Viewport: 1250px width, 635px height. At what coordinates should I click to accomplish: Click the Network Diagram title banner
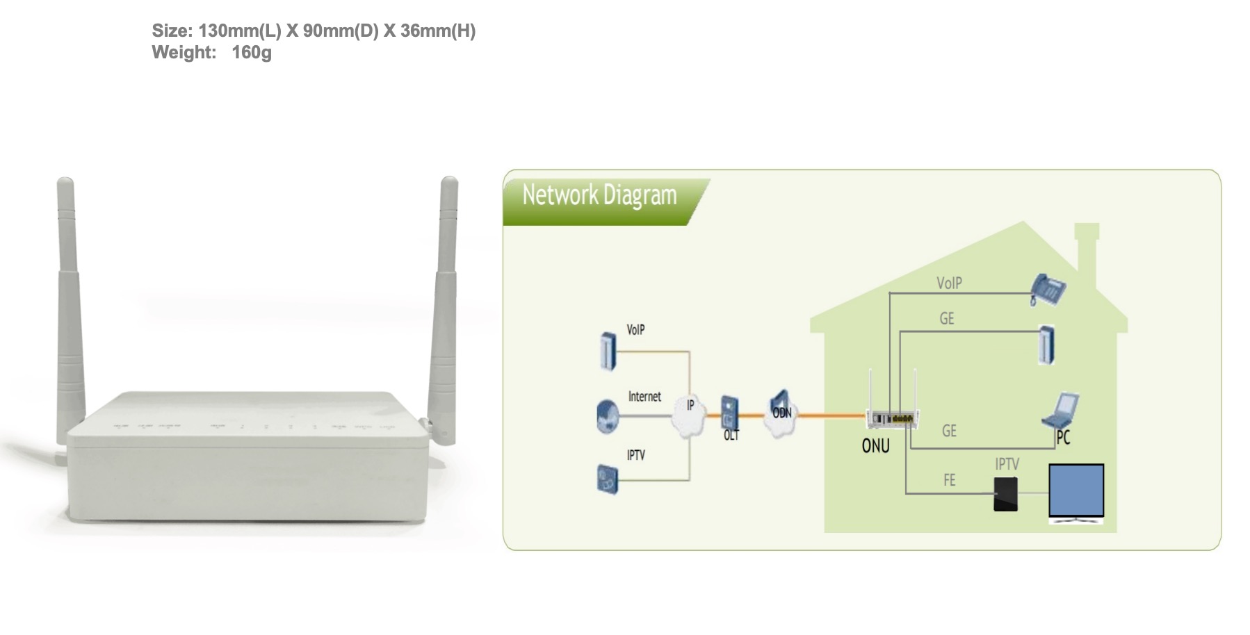[x=599, y=197]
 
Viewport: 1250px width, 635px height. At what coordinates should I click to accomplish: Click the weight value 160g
[x=251, y=53]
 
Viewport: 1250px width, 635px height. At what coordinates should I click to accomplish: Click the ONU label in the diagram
[x=875, y=445]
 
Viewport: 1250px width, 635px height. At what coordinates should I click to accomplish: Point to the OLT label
[x=731, y=436]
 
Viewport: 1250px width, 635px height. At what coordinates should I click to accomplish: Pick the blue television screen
[x=1076, y=490]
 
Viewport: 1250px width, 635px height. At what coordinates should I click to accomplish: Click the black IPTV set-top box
[x=1005, y=494]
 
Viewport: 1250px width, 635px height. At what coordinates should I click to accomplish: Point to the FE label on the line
[x=949, y=480]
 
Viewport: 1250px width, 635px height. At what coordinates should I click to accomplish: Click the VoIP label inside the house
[x=949, y=283]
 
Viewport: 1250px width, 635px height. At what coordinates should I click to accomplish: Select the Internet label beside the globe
[x=644, y=397]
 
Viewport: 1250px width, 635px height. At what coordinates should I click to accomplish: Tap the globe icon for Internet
[x=607, y=416]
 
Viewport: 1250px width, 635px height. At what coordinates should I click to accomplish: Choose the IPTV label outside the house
[x=635, y=455]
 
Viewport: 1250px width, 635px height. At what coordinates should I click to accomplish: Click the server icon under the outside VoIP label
[x=608, y=351]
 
